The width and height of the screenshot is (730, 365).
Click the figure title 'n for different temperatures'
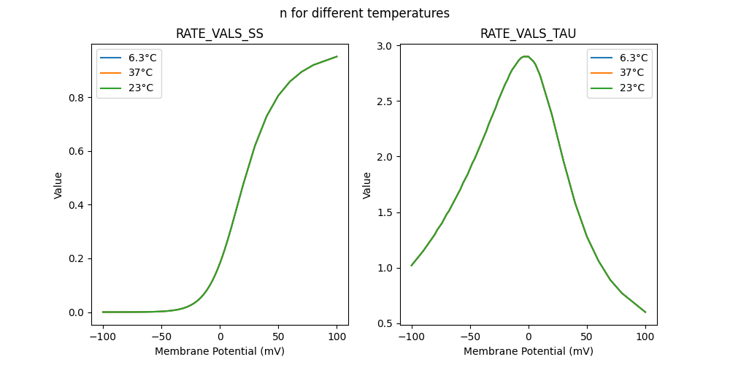[x=364, y=13]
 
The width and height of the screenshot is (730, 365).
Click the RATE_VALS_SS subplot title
[x=220, y=34]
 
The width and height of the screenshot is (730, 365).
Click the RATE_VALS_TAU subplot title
[x=528, y=34]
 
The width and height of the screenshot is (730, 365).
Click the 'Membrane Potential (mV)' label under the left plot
[x=220, y=351]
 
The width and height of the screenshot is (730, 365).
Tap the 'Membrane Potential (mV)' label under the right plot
[x=528, y=351]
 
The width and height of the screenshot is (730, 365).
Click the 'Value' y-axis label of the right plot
[x=367, y=185]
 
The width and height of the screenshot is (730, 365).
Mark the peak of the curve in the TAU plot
[x=526, y=56]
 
